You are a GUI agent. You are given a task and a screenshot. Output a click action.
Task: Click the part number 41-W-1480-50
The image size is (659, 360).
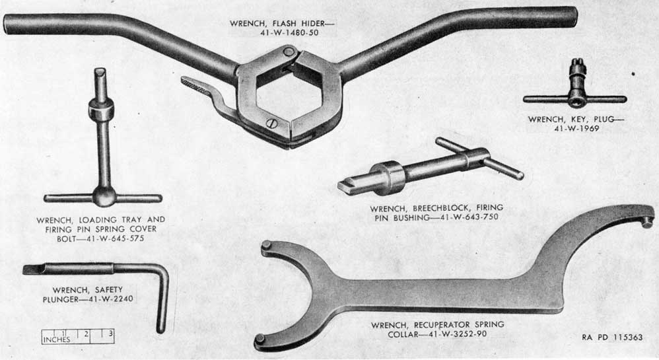[289, 33]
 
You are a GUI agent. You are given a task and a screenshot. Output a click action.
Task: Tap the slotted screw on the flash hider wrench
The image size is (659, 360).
[271, 123]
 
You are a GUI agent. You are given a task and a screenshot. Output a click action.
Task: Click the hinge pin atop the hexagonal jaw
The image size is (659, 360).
[288, 52]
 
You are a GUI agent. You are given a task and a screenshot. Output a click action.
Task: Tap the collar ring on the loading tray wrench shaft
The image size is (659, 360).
[101, 110]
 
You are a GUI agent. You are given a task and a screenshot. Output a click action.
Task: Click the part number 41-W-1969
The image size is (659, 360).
[576, 129]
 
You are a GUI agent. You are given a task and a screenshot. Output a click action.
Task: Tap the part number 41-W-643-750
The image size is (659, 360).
[468, 217]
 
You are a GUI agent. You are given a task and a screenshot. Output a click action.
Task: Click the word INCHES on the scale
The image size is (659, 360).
[57, 340]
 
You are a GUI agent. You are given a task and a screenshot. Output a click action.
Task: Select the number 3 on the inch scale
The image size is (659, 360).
[110, 334]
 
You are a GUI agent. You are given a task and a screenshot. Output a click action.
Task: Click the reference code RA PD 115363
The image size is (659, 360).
[612, 338]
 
